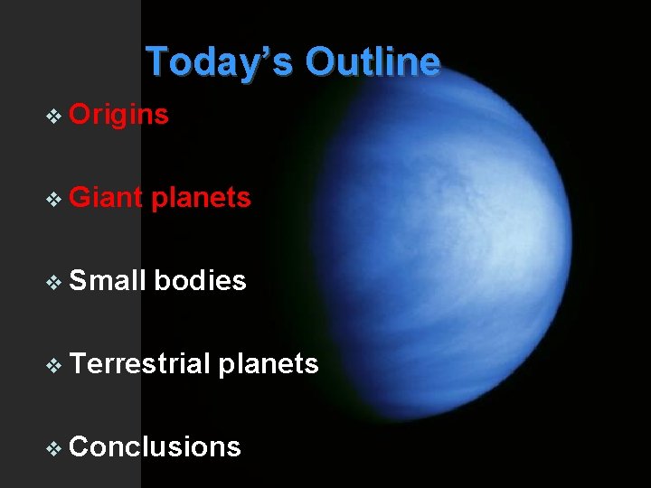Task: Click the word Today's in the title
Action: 221,62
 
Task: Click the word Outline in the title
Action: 373,62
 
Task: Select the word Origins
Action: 118,115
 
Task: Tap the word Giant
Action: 106,197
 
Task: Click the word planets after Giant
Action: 201,197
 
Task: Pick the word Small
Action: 107,280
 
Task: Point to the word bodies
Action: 200,280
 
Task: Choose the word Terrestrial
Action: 140,363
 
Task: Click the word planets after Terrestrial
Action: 269,364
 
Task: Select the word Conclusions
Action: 155,446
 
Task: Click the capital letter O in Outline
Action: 319,62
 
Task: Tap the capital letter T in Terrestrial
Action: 78,363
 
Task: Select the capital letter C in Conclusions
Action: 80,446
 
